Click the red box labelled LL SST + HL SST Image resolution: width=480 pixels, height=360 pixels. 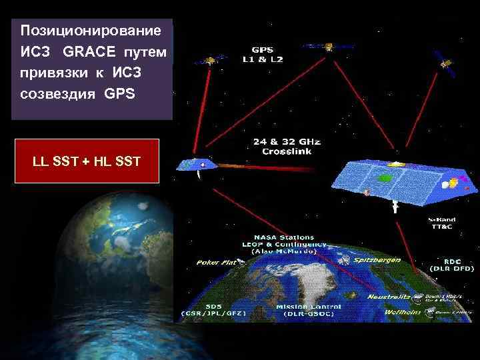tap(86, 161)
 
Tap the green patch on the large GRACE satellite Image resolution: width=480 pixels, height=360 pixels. tap(385, 179)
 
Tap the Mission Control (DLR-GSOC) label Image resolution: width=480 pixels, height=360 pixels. tap(308, 309)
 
